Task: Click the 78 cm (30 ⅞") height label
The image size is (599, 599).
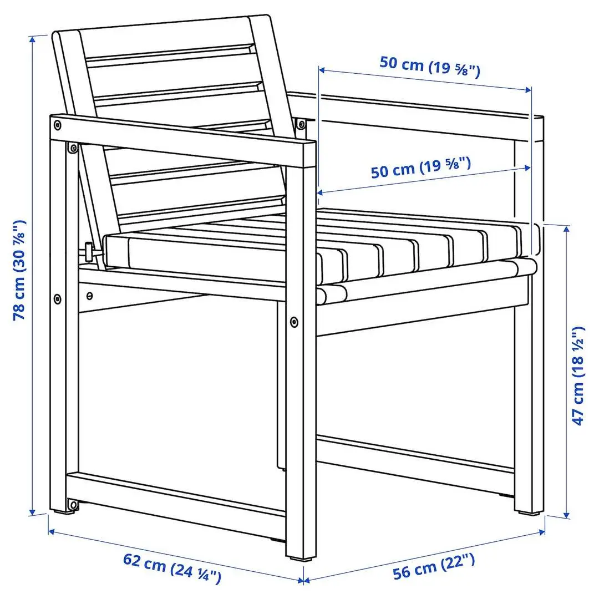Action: point(20,270)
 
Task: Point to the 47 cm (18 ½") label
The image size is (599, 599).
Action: point(579,375)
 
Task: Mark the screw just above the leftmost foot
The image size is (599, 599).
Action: point(72,504)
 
